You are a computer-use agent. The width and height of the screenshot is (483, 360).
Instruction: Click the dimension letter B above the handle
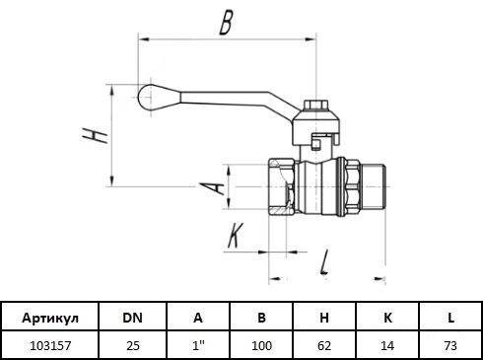tap(226, 23)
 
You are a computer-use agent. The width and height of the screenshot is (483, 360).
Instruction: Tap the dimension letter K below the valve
tap(236, 235)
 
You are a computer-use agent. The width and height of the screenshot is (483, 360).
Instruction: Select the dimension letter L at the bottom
tap(324, 262)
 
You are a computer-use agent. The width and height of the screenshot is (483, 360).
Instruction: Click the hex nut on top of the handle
tap(315, 105)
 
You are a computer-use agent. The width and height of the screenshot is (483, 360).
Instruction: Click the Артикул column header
tap(50, 318)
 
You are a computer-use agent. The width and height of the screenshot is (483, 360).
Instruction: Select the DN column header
tap(132, 318)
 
